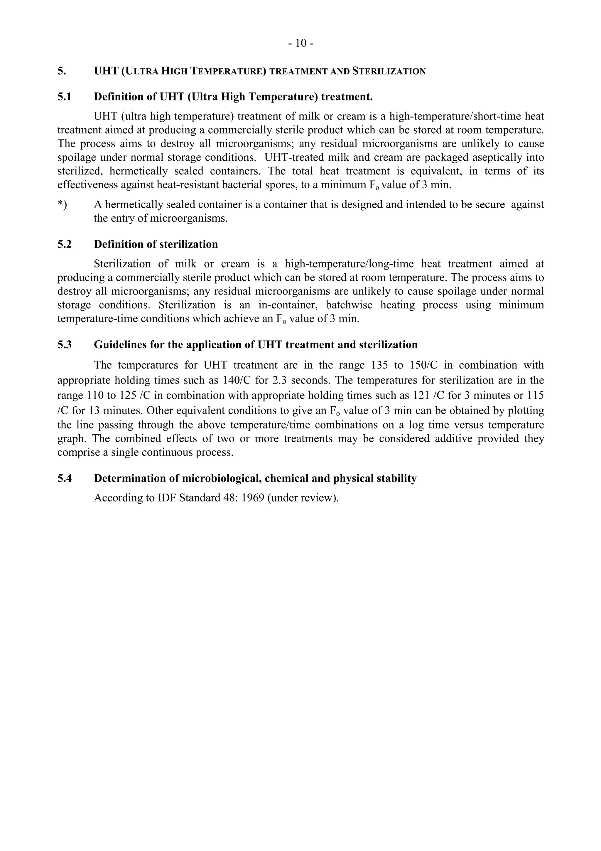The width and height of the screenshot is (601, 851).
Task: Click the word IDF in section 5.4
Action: pyautogui.click(x=167, y=498)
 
